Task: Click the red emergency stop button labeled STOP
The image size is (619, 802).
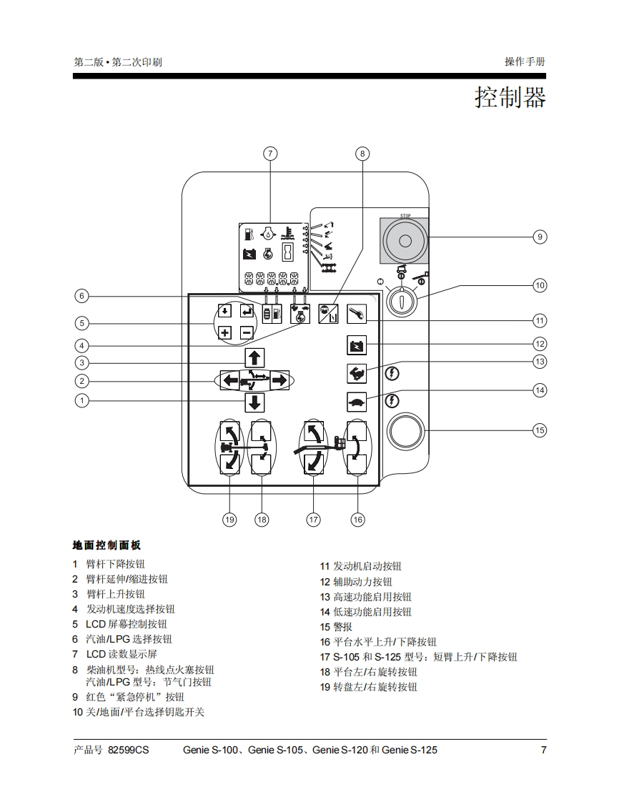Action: point(404,241)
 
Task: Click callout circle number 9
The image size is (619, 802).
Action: point(540,237)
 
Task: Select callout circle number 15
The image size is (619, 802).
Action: point(540,430)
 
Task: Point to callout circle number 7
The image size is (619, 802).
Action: point(269,154)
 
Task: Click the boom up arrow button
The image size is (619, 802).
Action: point(254,357)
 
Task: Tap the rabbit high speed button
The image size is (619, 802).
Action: point(357,372)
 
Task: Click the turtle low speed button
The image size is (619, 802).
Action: point(357,402)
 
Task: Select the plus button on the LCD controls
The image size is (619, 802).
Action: point(224,332)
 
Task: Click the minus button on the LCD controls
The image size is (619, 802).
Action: point(246,332)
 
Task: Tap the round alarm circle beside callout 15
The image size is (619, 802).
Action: point(406,431)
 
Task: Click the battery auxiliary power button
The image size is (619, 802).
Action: point(357,346)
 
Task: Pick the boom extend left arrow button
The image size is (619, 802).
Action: point(230,380)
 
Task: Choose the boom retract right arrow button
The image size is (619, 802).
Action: point(279,380)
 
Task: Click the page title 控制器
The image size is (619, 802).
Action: point(510,97)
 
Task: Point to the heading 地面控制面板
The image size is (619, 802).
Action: point(107,545)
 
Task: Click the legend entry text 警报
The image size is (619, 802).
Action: point(342,627)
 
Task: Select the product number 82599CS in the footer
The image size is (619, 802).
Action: point(129,751)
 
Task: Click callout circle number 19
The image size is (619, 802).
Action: point(229,520)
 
